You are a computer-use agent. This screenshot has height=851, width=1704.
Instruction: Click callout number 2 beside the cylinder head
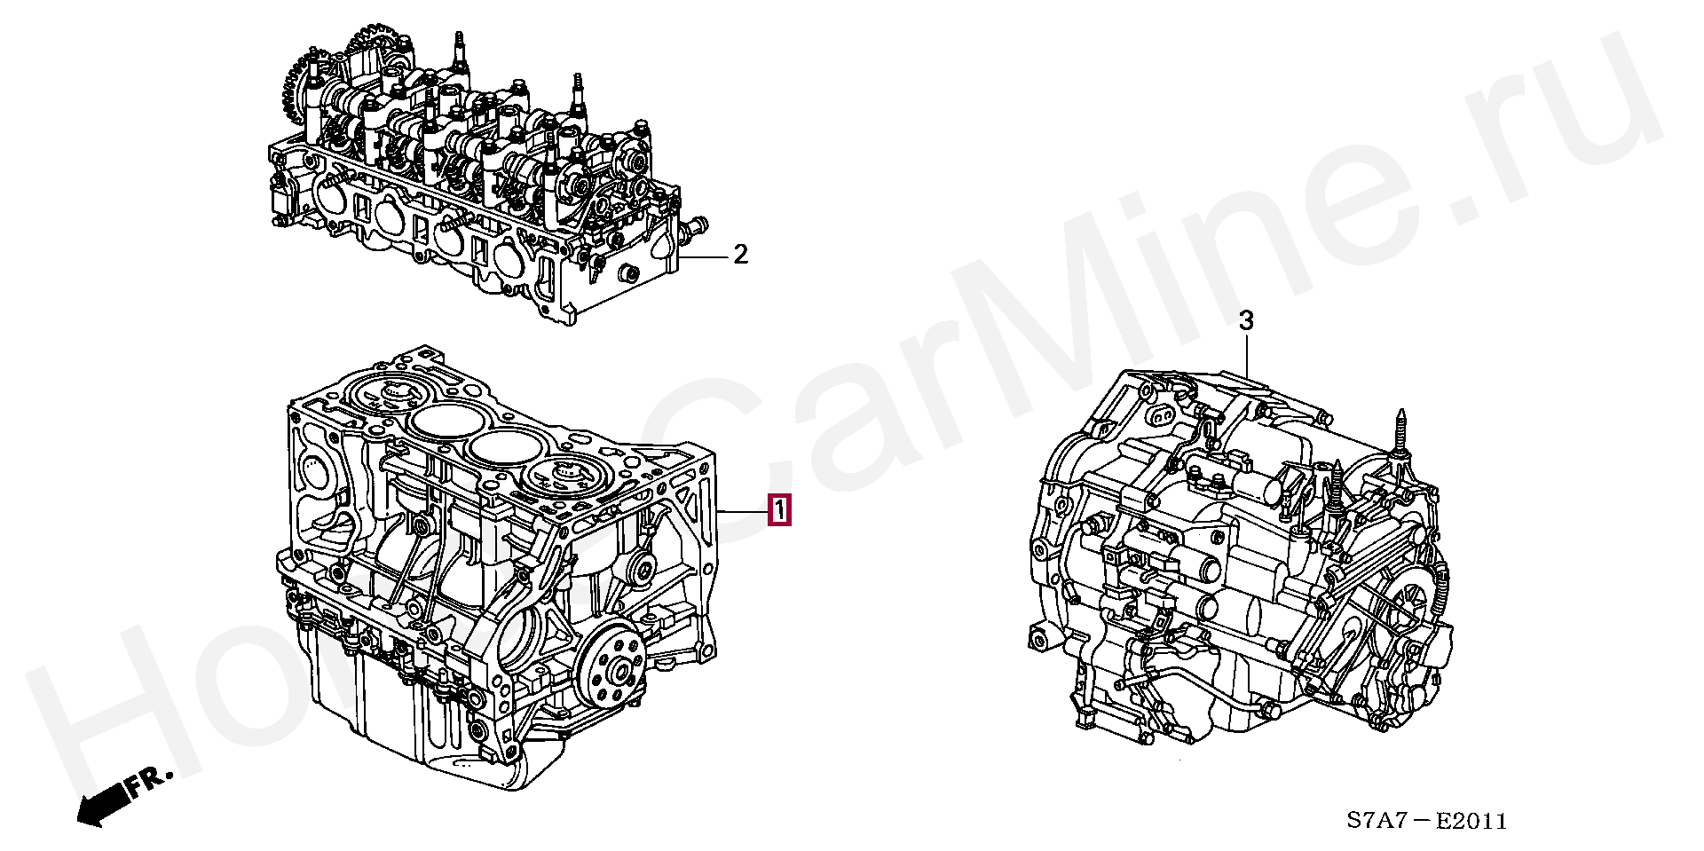(740, 256)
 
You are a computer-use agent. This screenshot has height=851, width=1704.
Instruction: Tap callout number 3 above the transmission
(1246, 320)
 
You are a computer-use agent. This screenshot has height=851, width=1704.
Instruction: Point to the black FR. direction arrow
(99, 804)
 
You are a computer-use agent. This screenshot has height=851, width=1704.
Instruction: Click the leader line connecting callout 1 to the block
(744, 512)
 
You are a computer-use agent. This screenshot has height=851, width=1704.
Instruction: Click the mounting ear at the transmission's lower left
(1041, 636)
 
